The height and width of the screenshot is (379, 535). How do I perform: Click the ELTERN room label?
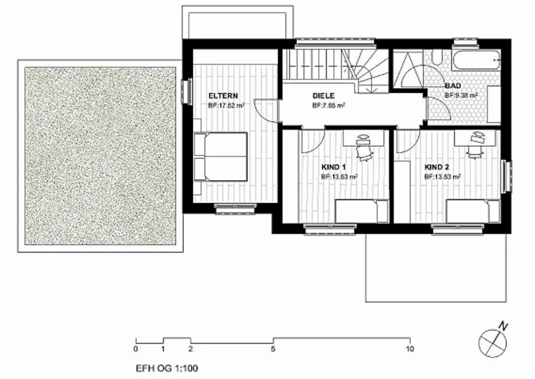223,96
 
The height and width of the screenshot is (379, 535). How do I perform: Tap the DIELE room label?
323,96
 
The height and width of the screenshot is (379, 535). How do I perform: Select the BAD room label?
453,86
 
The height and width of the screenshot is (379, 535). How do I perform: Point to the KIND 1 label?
333,167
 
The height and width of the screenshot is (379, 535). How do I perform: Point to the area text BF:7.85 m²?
329,106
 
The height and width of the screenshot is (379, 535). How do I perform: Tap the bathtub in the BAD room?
476,59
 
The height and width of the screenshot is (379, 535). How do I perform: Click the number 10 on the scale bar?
409,349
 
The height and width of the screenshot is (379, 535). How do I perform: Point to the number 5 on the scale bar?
273,349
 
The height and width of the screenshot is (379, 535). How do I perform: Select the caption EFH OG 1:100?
167,368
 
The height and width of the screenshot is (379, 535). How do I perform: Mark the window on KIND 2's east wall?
506,176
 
